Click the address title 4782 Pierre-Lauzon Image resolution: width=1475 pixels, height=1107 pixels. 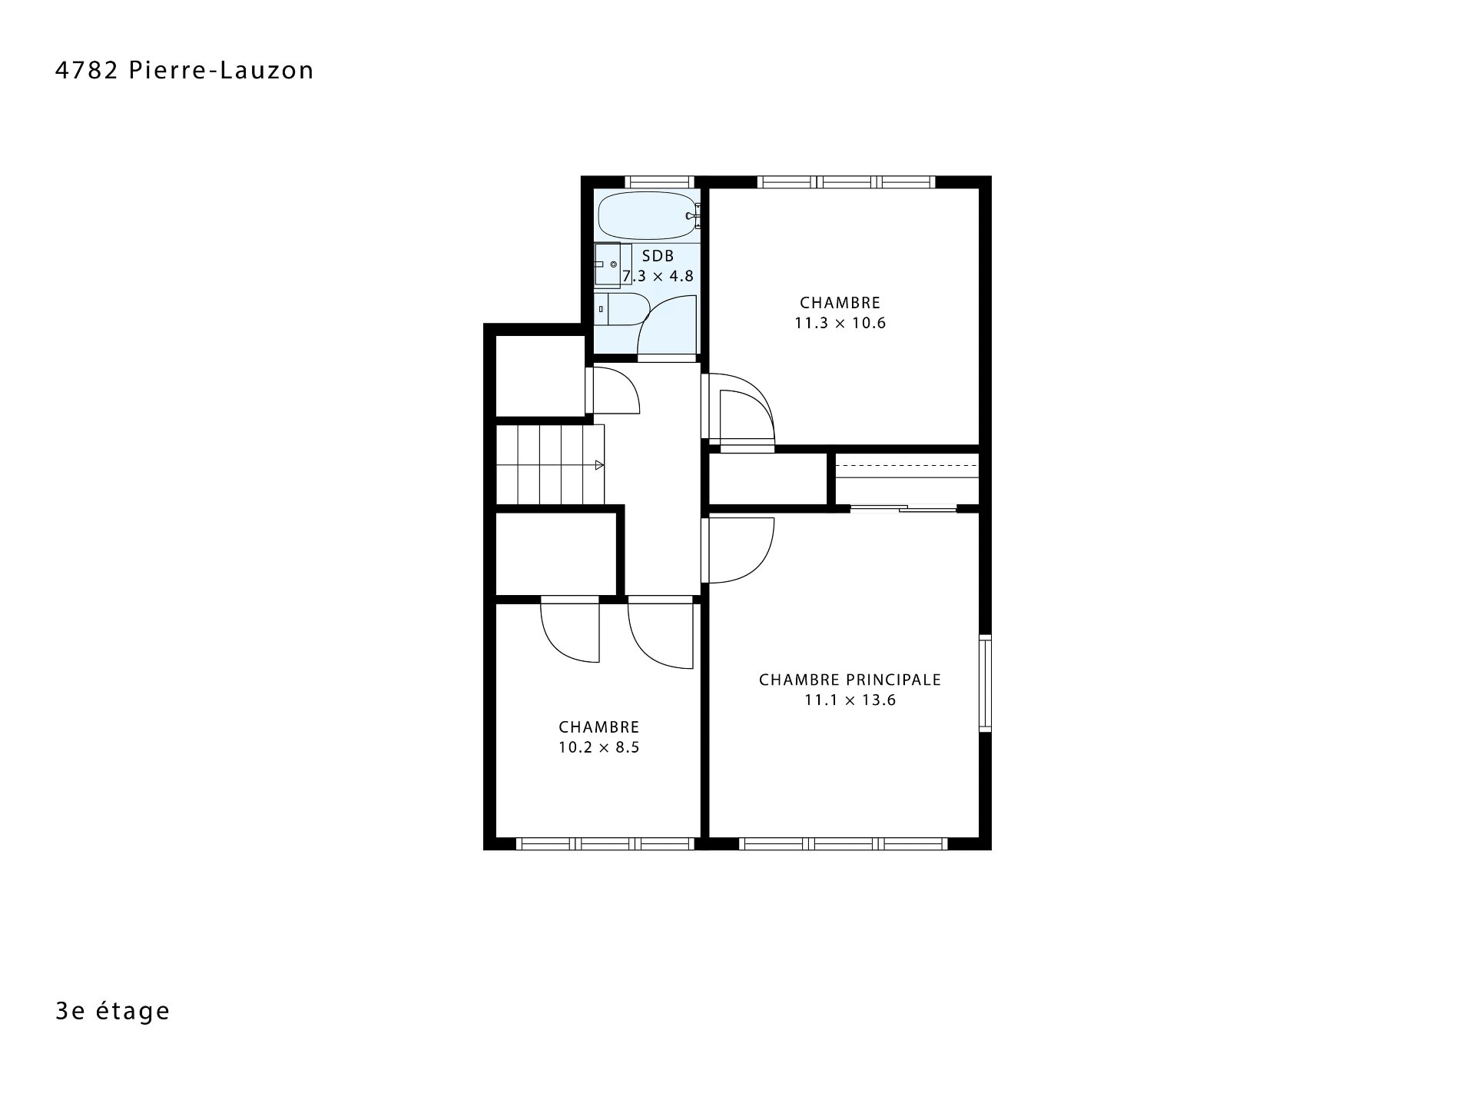coord(184,70)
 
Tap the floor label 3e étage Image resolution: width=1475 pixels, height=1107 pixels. coord(112,1011)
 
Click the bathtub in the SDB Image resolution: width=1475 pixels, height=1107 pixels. coord(648,216)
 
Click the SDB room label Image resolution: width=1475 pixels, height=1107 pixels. coord(658,256)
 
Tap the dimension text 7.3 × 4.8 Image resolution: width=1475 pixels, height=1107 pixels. coord(658,276)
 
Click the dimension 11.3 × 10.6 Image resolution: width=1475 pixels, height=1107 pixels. coord(840,323)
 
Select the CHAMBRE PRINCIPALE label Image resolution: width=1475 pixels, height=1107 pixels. coord(850,680)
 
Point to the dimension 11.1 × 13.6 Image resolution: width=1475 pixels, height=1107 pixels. coord(850,700)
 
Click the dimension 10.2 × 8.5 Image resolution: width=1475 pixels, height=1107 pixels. coord(598,747)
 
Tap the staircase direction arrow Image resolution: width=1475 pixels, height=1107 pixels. coord(599,465)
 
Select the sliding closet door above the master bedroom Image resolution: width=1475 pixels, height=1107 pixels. coord(903,508)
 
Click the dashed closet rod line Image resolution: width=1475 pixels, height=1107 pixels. coord(907,466)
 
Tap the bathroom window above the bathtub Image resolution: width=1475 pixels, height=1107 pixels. coord(660,182)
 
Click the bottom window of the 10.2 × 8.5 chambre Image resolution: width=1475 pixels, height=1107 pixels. coord(605,844)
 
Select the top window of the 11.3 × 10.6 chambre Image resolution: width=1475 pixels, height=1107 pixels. coord(846,182)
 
